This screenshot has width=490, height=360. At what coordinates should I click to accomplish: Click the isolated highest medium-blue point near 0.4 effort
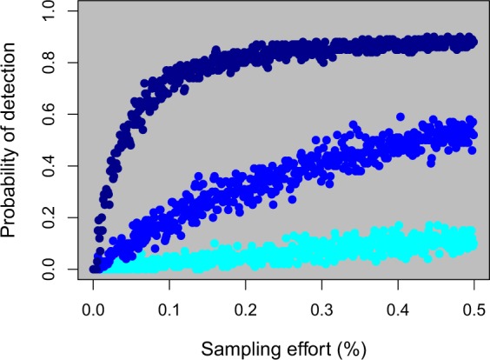(x=401, y=117)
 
